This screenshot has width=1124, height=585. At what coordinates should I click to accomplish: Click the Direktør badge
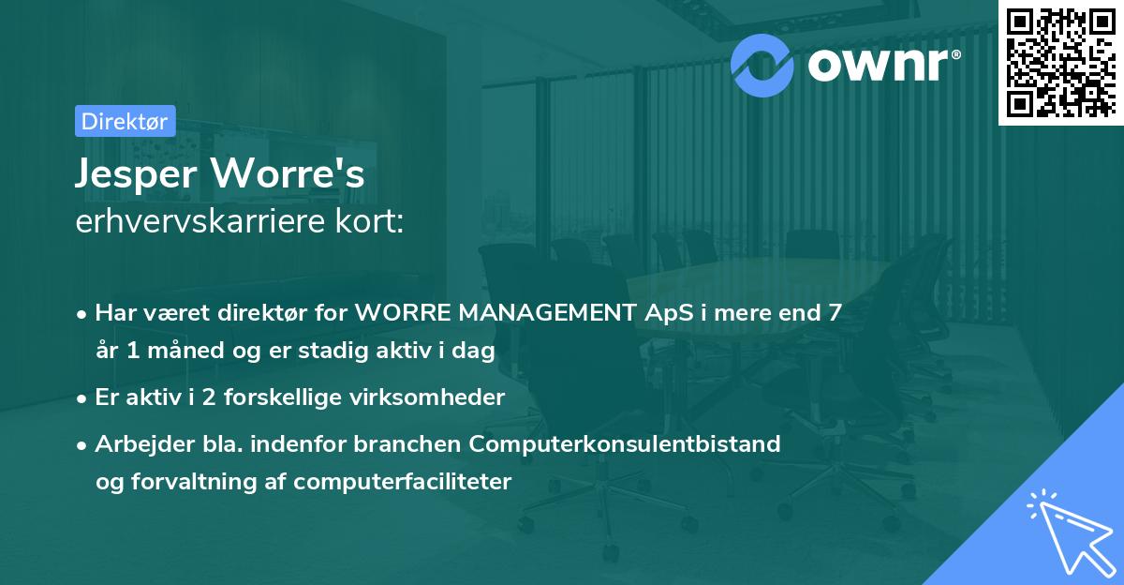[x=125, y=120]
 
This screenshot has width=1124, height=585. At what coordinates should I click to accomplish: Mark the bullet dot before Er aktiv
[x=82, y=397]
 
